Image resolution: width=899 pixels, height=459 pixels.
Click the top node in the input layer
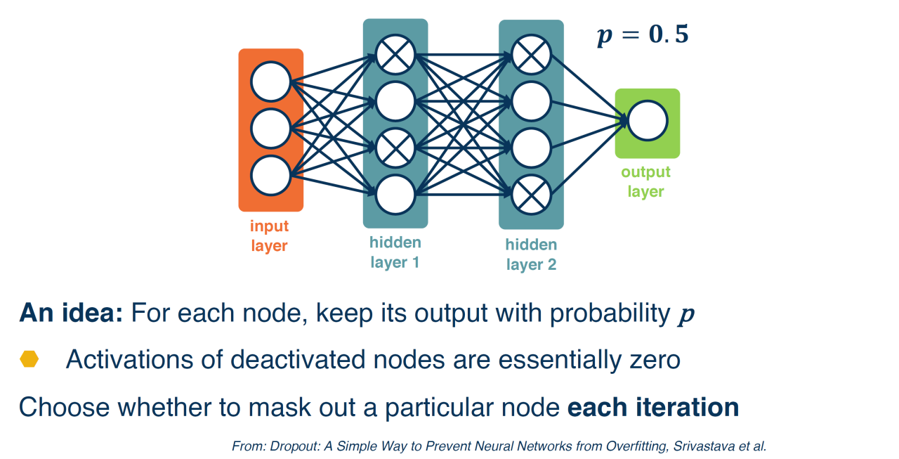point(270,82)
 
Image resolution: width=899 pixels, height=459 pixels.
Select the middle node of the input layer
point(270,129)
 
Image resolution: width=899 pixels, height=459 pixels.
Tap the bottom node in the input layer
point(270,176)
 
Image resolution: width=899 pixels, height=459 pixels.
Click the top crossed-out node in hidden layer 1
point(395,54)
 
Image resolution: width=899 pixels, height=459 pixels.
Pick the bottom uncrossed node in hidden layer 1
point(395,195)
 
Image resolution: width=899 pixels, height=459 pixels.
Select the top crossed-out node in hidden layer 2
point(531,54)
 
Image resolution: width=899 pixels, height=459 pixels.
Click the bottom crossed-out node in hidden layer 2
point(531,195)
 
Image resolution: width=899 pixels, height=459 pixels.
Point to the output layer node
point(648,121)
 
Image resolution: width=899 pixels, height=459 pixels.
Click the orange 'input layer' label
point(270,236)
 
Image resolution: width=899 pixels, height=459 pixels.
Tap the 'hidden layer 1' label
point(395,253)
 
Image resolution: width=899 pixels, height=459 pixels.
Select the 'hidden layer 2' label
point(531,254)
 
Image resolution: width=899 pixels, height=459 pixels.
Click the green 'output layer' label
point(645,181)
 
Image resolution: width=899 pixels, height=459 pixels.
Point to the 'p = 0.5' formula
point(643,35)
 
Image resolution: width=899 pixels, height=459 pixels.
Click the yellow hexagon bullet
point(29,360)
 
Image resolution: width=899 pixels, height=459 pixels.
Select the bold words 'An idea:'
point(71,313)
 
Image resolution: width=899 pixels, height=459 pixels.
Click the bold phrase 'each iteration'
point(652,407)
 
